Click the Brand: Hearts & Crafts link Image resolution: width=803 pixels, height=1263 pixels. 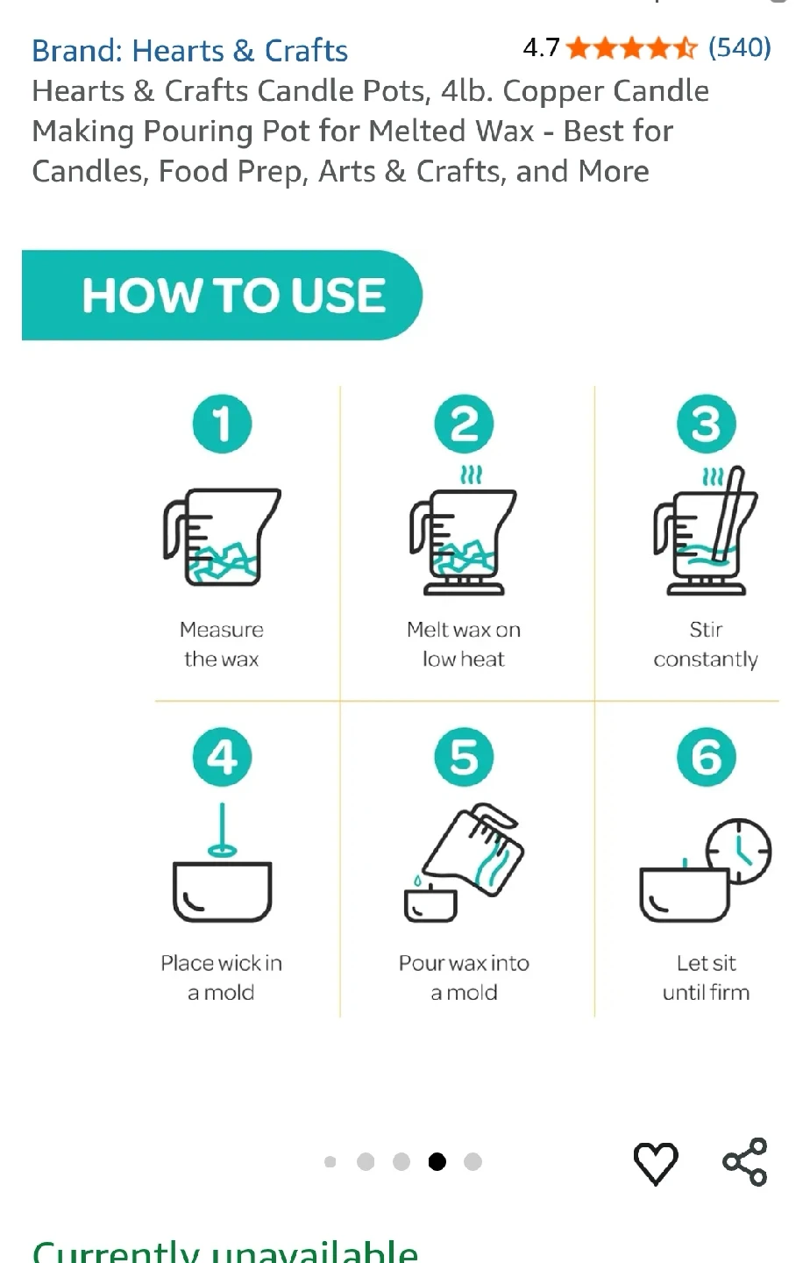tap(190, 51)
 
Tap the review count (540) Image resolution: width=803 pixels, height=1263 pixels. tap(739, 48)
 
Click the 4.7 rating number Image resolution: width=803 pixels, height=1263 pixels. tap(541, 48)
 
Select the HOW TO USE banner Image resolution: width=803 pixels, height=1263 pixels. tap(222, 295)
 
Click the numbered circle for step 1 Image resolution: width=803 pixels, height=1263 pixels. tap(222, 424)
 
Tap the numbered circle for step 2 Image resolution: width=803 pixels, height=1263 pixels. tap(464, 424)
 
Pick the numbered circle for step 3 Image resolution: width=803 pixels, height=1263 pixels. tap(706, 424)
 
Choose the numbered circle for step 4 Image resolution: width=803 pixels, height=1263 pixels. tap(222, 757)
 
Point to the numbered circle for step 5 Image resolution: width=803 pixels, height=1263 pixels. tap(464, 757)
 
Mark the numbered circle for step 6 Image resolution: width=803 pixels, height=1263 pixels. tap(706, 757)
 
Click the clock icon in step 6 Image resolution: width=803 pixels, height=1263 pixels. tap(739, 851)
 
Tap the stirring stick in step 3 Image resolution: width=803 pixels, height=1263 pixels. tap(727, 514)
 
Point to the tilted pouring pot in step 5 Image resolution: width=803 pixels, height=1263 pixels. tap(473, 849)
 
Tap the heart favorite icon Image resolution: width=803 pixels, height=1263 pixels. tap(656, 1163)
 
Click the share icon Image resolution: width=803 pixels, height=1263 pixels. tap(745, 1162)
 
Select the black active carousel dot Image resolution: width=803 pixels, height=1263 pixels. tap(437, 1161)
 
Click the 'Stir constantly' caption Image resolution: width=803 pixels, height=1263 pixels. tap(706, 644)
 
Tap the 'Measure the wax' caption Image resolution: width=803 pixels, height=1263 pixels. tap(222, 644)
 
